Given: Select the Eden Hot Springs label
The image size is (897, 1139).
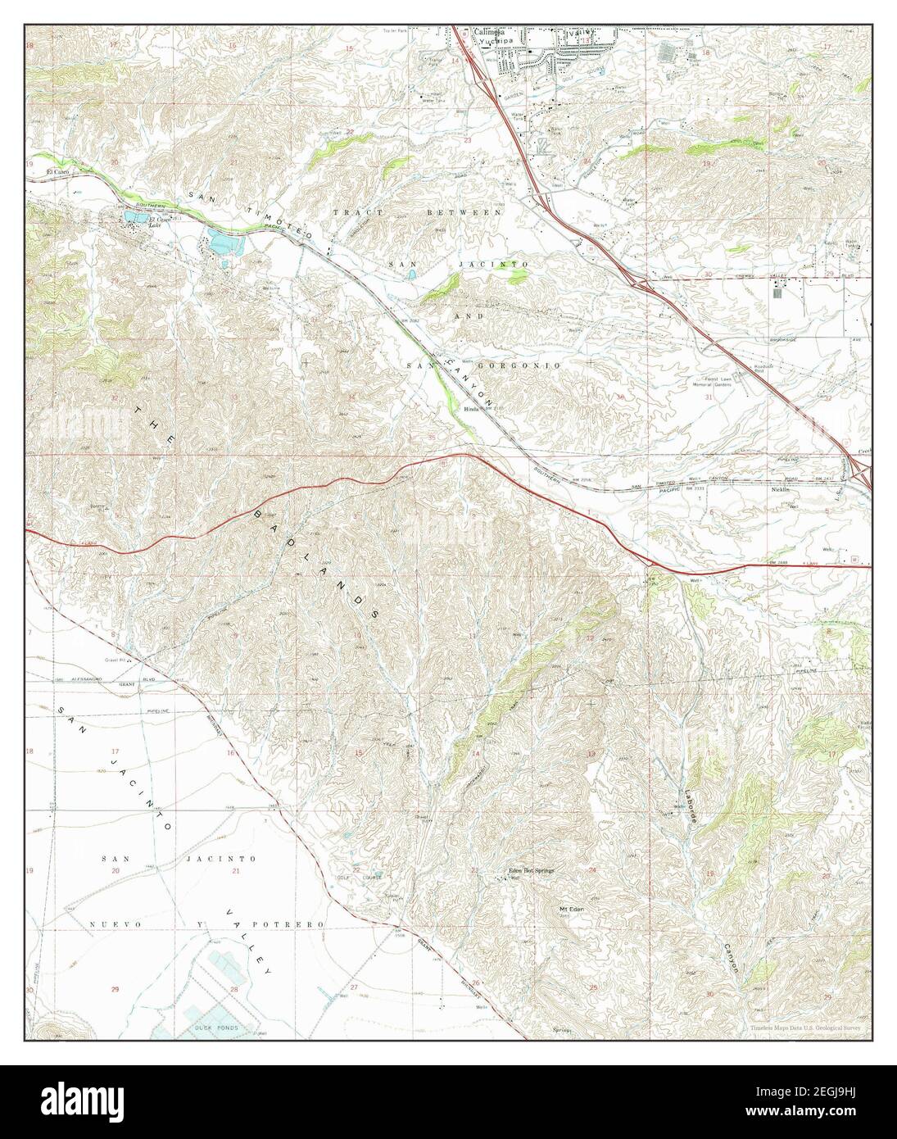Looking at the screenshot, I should [532, 870].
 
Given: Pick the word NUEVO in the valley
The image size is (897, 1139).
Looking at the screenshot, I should [104, 923].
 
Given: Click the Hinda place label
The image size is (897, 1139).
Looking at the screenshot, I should [471, 407].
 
